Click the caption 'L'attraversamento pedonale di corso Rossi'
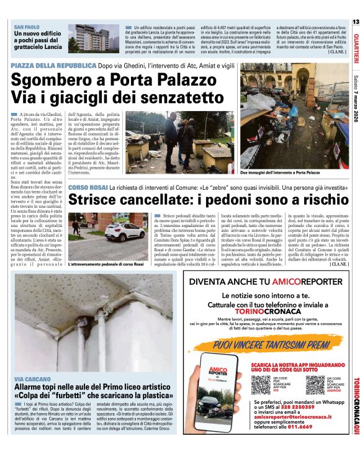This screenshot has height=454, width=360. (106, 265)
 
